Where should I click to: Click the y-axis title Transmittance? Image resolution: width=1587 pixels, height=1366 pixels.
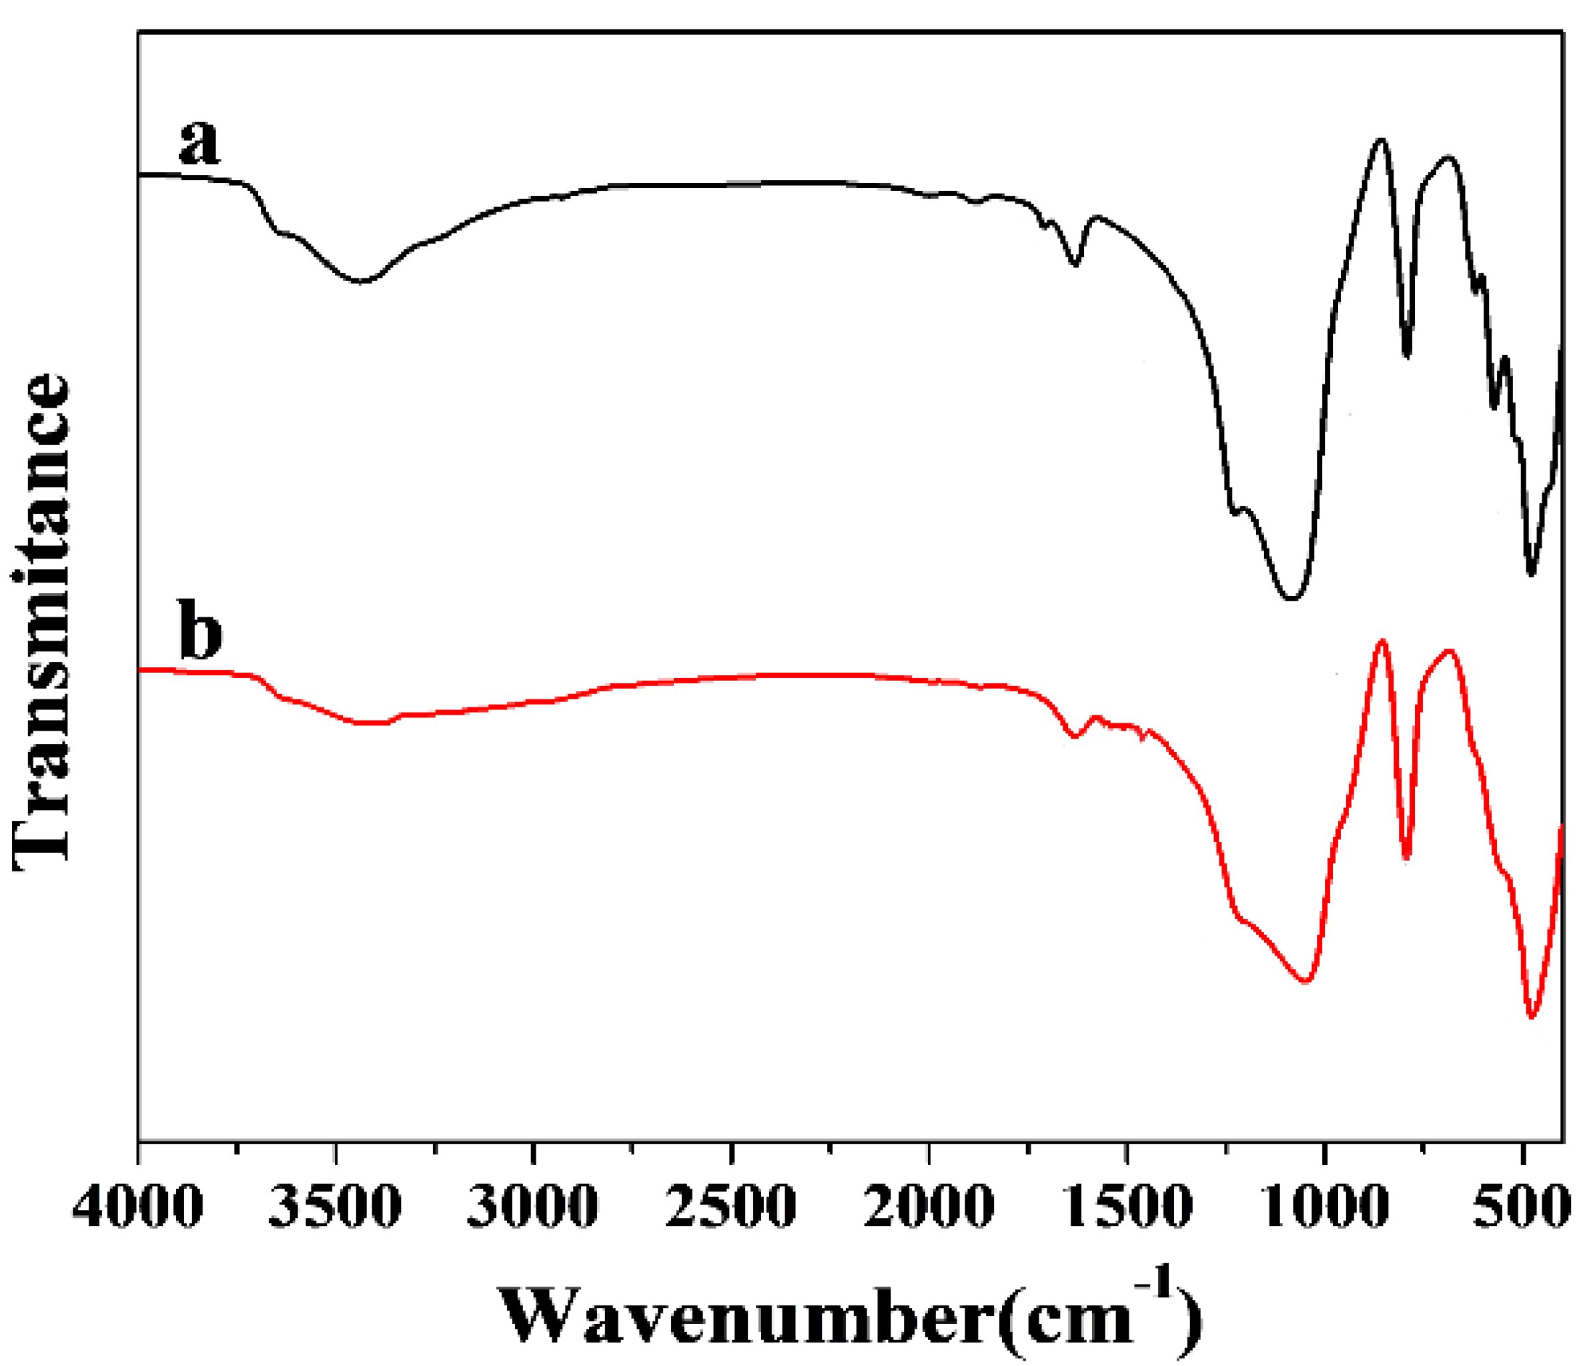pyautogui.click(x=42, y=621)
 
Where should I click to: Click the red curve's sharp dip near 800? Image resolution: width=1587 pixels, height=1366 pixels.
pyautogui.click(x=1406, y=858)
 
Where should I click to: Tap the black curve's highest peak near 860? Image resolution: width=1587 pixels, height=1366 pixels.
pyautogui.click(x=1381, y=140)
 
